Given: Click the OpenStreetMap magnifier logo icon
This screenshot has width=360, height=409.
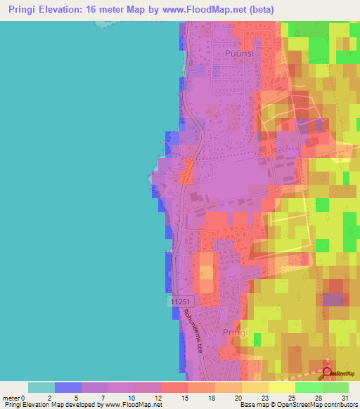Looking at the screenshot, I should tap(328, 372).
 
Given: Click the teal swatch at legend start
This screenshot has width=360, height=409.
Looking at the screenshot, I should tap(41, 387).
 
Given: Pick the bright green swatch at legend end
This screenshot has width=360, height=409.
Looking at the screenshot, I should tap(335, 387).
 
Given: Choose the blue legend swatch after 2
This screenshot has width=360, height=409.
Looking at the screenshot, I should tap(68, 387).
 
